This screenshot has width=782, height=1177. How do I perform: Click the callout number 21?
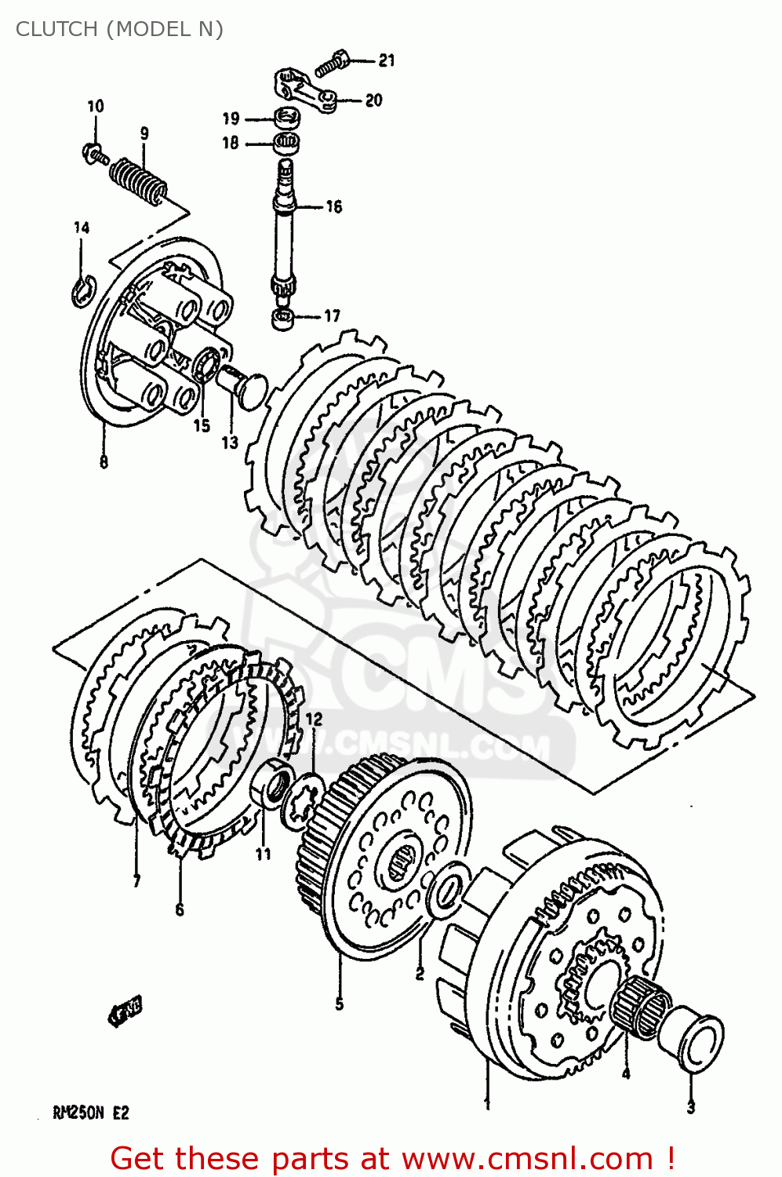[x=387, y=60]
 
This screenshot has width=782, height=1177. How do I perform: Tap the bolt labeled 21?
[x=333, y=64]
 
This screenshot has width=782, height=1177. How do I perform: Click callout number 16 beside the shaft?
[x=334, y=206]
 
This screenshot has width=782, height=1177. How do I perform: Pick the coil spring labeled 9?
[x=138, y=180]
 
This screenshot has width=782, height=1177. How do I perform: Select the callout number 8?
[x=104, y=462]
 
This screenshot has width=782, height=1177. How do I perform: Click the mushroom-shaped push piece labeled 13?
[x=242, y=387]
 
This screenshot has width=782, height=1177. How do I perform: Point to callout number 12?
[x=314, y=720]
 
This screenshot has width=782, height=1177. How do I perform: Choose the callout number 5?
[x=339, y=1004]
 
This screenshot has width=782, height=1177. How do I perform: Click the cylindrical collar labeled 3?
[x=692, y=1040]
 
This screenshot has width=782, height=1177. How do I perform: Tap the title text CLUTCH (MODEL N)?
[x=119, y=29]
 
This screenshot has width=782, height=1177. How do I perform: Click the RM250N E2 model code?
[x=90, y=1113]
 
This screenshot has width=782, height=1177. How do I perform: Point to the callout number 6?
[x=180, y=909]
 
